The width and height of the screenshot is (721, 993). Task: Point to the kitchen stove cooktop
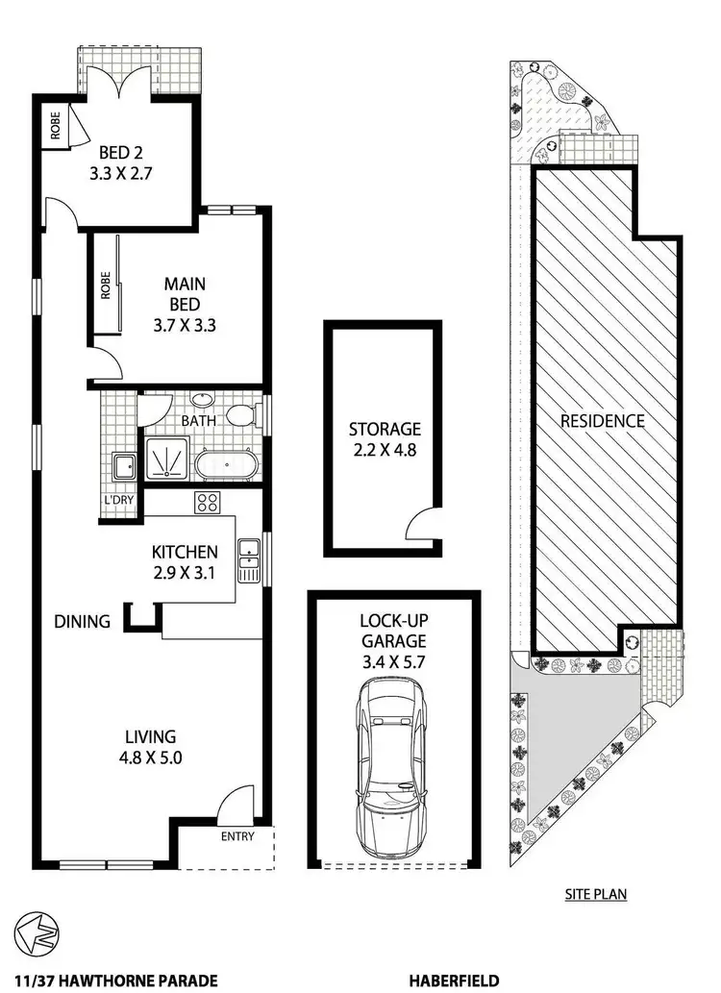point(207,502)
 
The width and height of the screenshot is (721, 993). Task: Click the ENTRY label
point(237,836)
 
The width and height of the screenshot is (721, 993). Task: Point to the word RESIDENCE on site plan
point(603,421)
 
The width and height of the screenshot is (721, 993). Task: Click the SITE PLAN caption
point(595,894)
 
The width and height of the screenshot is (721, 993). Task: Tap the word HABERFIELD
point(453,981)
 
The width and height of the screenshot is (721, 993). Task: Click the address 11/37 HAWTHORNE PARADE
point(110,981)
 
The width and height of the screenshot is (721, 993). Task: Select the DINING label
point(83,621)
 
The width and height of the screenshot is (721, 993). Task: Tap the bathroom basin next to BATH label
point(203,401)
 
